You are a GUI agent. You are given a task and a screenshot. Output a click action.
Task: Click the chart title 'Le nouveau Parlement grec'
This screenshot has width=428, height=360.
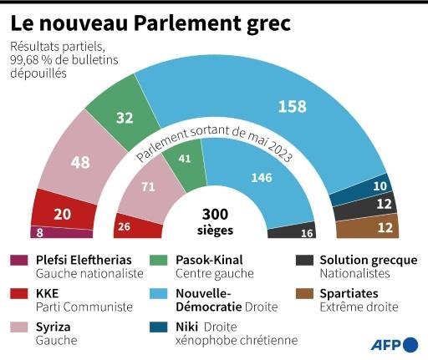coord(150,22)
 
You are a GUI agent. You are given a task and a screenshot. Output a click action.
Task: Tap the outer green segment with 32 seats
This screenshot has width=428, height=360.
coord(125,118)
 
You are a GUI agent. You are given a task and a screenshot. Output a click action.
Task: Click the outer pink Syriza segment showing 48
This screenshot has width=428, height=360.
coord(80,162)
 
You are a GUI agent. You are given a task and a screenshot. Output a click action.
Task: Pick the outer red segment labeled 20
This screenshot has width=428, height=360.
coord(62,214)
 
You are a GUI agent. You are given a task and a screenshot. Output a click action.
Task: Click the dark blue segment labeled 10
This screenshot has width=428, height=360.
coord(380,187)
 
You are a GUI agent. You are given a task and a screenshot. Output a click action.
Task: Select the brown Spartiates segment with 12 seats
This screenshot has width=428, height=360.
coord(385,226)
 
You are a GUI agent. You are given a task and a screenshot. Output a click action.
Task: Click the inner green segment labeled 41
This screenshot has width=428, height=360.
coord(184,157)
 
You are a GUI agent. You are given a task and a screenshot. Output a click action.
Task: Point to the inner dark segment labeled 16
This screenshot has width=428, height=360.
coord(307,231)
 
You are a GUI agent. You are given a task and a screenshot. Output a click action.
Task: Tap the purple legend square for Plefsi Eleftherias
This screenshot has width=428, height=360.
coord(18,260)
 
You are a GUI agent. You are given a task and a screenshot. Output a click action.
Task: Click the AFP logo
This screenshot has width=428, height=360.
coord(396,343)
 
